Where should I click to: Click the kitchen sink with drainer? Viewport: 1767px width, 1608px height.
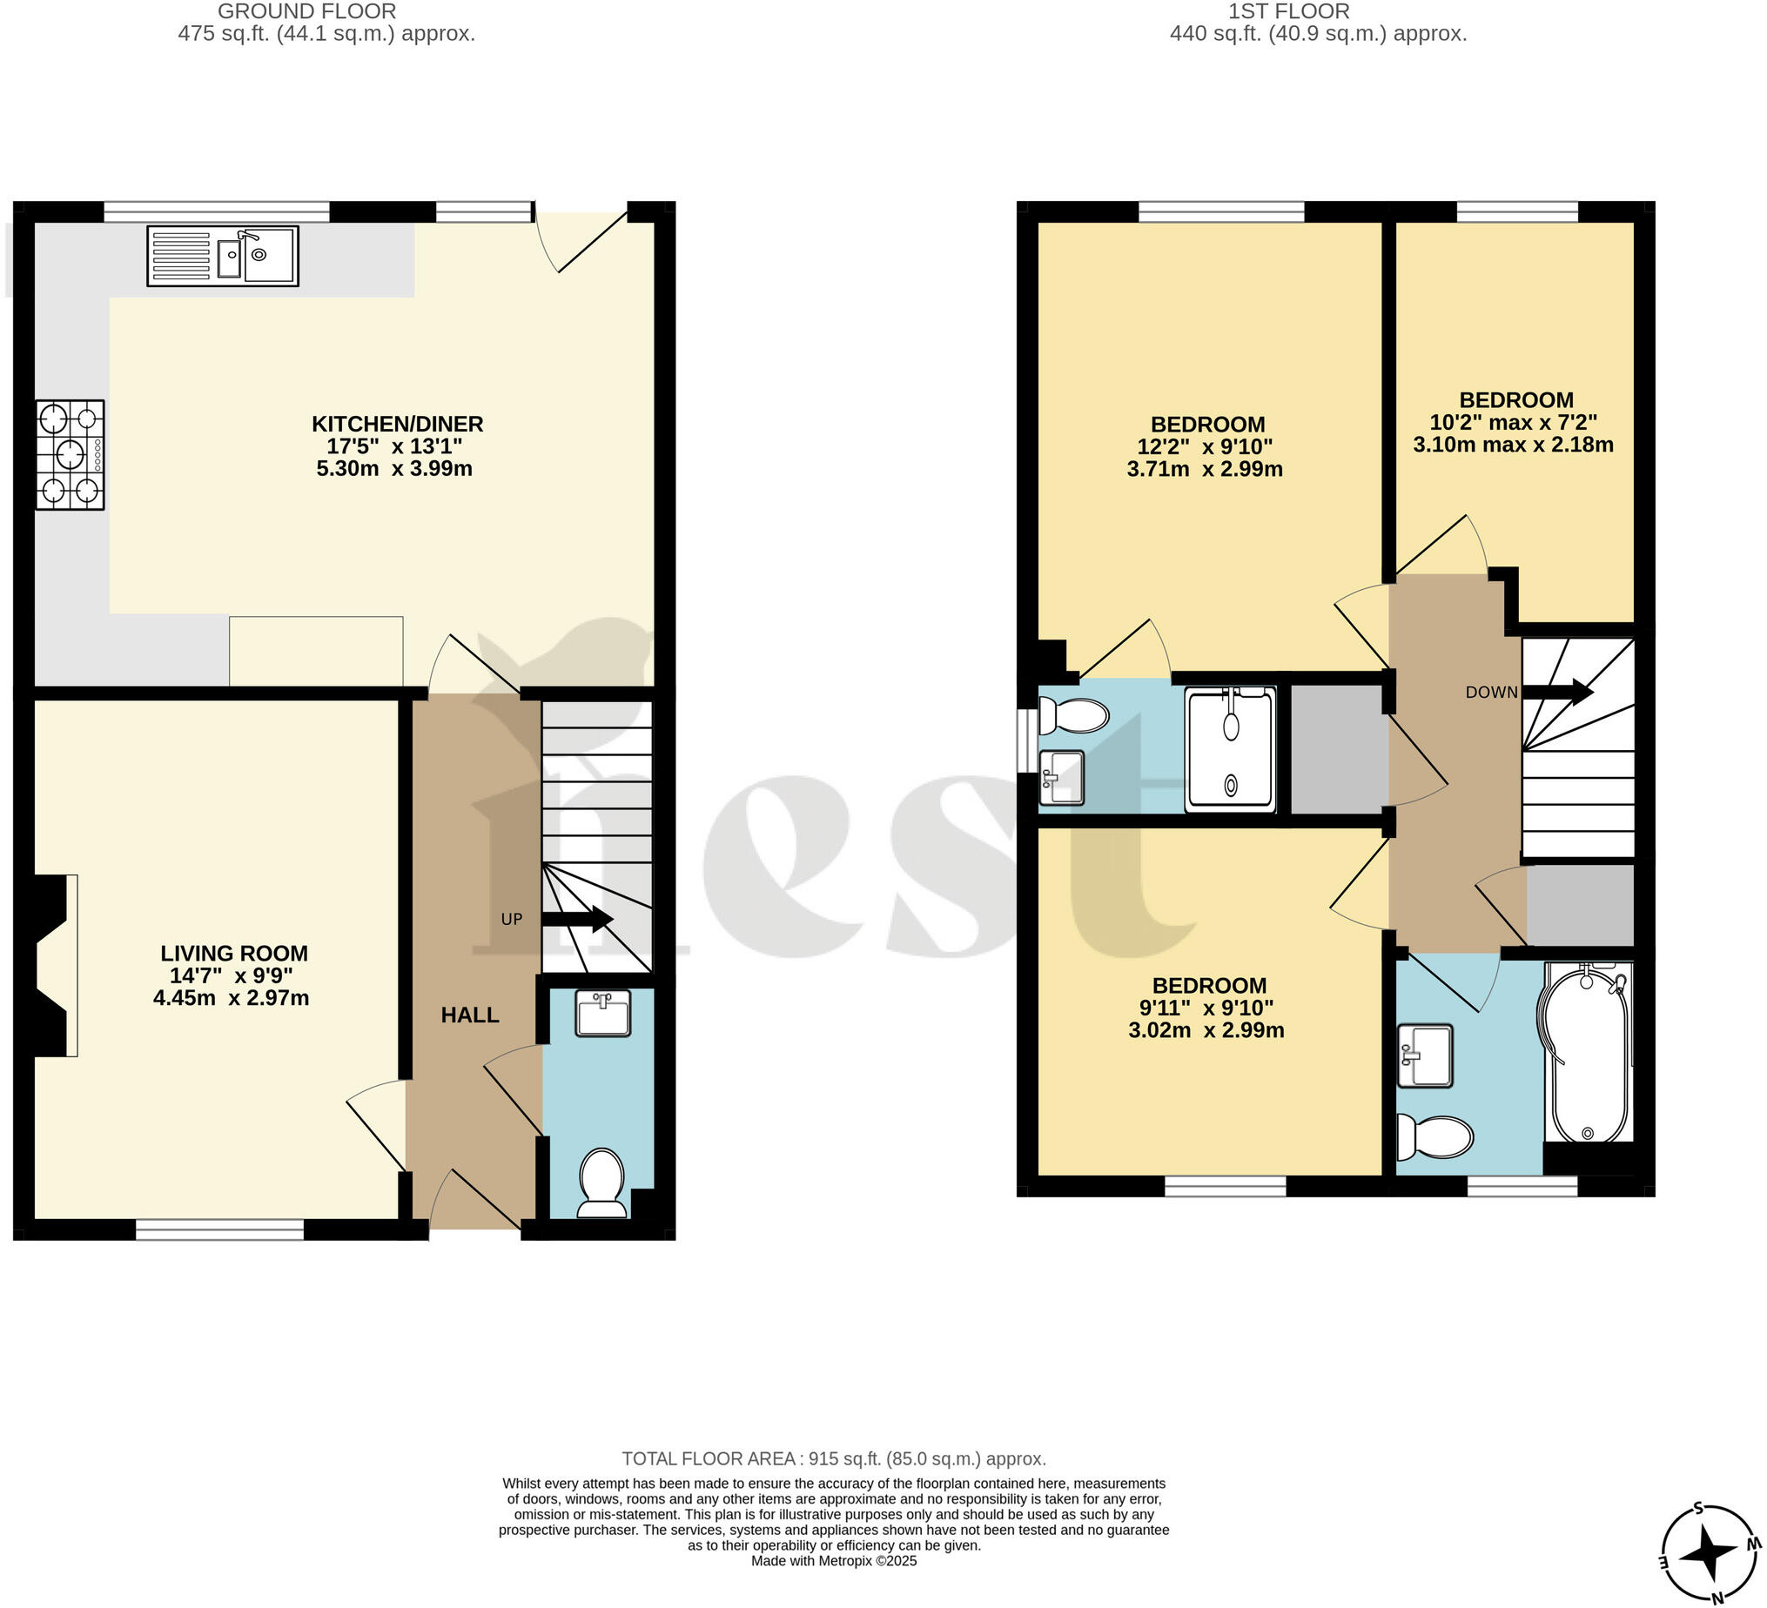pyautogui.click(x=223, y=256)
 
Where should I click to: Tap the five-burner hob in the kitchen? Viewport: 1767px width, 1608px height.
pyautogui.click(x=71, y=455)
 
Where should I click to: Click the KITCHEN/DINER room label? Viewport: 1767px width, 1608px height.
pyautogui.click(x=397, y=424)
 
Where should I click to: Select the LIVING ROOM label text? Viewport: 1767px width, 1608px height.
pyautogui.click(x=234, y=954)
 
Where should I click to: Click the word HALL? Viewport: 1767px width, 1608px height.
pyautogui.click(x=470, y=1015)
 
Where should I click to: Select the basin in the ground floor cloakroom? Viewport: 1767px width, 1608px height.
pyautogui.click(x=603, y=1014)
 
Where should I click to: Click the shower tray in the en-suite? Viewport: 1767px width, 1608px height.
pyautogui.click(x=1231, y=749)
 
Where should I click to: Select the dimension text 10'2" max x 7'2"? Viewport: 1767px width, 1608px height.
pyautogui.click(x=1514, y=422)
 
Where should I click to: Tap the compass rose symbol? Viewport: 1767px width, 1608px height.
pyautogui.click(x=1710, y=1553)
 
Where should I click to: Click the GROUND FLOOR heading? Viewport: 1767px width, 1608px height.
pyautogui.click(x=306, y=11)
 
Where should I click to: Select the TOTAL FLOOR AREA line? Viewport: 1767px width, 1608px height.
pyautogui.click(x=834, y=1459)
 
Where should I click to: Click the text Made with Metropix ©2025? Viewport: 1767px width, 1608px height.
pyautogui.click(x=834, y=1561)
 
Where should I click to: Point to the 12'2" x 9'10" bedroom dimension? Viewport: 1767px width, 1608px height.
pyautogui.click(x=1206, y=447)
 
